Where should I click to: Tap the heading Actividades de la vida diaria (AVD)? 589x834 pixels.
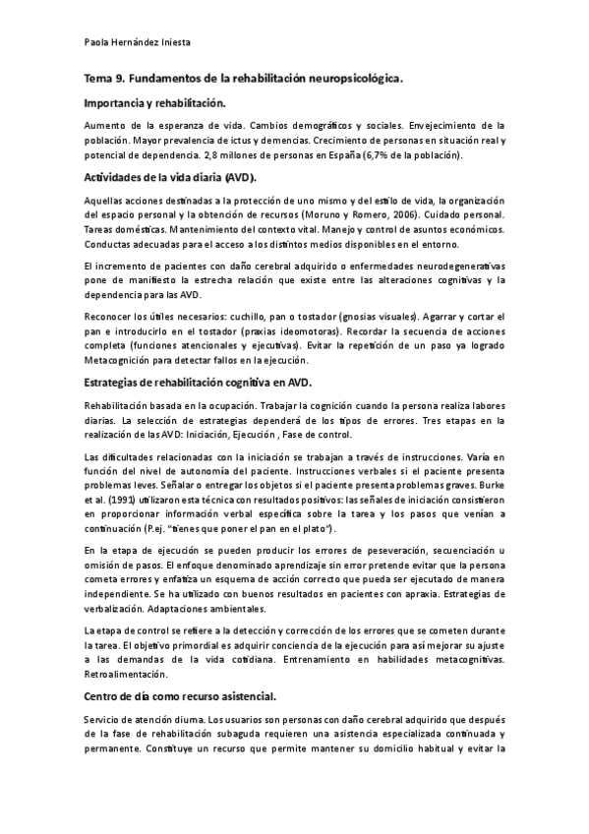[x=170, y=178]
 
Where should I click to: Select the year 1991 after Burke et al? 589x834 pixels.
[x=124, y=499]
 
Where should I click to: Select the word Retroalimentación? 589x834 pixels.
[x=127, y=675]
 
